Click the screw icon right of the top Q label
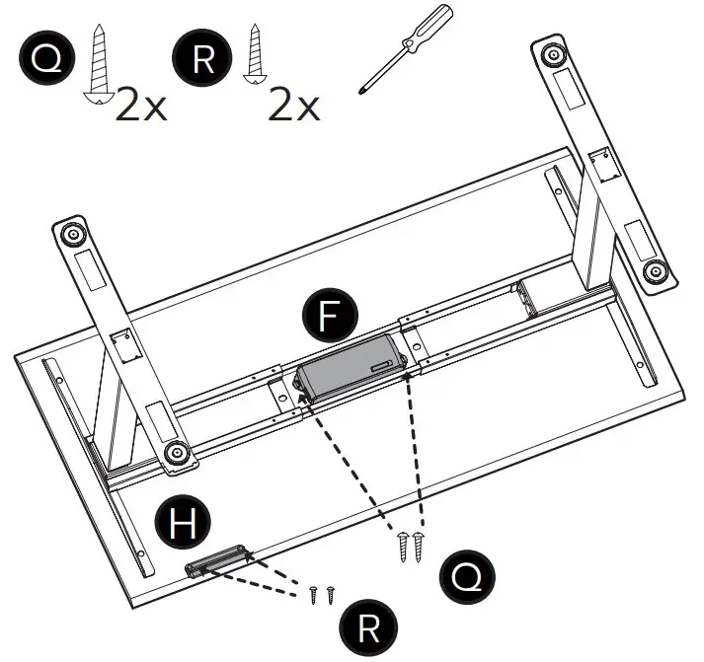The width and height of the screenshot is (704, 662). (x=99, y=63)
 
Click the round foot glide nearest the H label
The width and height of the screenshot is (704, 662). (x=178, y=453)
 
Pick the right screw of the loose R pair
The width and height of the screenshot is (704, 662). (x=331, y=594)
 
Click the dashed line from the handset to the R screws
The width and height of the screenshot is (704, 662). (x=267, y=578)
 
